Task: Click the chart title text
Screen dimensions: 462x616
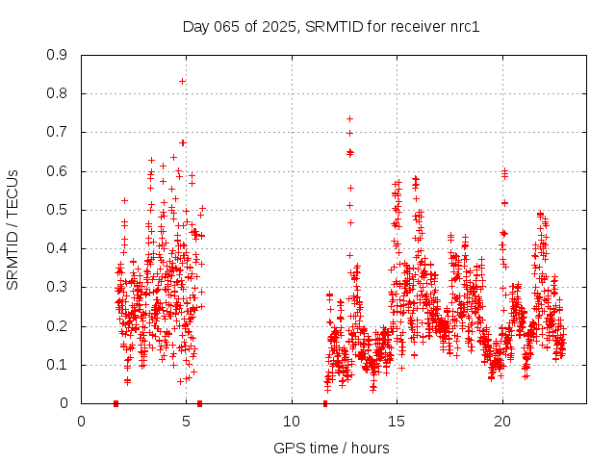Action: (x=331, y=26)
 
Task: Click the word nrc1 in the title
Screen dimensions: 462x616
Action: (x=462, y=26)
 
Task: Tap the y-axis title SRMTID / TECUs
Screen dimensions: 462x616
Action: (x=13, y=230)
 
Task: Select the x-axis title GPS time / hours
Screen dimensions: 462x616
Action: (x=331, y=448)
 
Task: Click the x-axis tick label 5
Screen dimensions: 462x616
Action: (x=187, y=421)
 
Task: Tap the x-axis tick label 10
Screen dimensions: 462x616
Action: (x=292, y=421)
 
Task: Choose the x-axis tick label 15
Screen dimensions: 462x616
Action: (x=397, y=421)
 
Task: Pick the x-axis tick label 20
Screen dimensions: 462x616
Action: (x=502, y=421)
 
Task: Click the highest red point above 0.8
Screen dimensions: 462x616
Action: (x=182, y=81)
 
